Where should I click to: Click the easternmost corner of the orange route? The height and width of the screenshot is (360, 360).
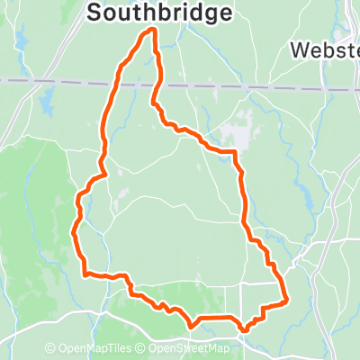tap(286, 301)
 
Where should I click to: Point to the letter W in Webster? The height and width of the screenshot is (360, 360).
tap(301, 50)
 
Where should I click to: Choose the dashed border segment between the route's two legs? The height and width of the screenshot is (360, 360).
tap(135, 85)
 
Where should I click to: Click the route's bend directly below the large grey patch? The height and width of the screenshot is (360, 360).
tap(236, 154)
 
